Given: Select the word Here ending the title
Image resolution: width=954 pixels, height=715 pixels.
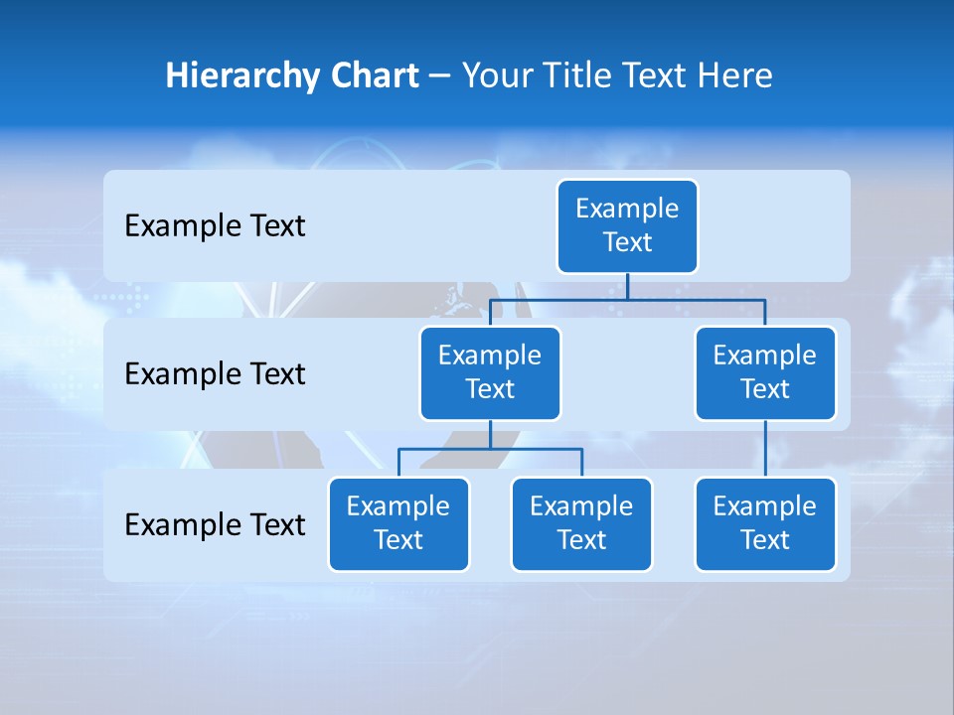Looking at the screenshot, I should click(x=734, y=75).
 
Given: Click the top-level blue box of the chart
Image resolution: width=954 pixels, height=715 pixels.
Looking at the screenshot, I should click(x=627, y=225).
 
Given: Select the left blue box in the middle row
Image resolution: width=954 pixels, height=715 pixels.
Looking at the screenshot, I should click(x=490, y=372).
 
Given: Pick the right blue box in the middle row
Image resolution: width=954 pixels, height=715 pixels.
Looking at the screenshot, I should click(x=765, y=372).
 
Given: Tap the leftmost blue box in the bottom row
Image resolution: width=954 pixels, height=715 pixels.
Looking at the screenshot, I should click(x=398, y=523).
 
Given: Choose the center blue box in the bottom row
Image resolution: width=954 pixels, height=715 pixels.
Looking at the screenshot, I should click(x=581, y=523).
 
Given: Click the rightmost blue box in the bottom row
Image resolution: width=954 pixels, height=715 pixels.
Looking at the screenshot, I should click(x=765, y=523).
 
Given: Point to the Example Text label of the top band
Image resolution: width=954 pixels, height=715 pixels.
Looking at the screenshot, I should click(x=215, y=226).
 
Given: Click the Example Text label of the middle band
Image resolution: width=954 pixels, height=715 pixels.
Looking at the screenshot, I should click(x=215, y=374).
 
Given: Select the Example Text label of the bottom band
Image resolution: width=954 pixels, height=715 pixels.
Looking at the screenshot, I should click(x=215, y=524).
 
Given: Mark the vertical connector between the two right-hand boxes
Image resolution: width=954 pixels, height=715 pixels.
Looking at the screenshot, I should click(x=765, y=449).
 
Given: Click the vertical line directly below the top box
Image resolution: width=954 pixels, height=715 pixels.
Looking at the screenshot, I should click(x=627, y=286).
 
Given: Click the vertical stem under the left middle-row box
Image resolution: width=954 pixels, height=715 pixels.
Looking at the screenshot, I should click(x=490, y=435).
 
